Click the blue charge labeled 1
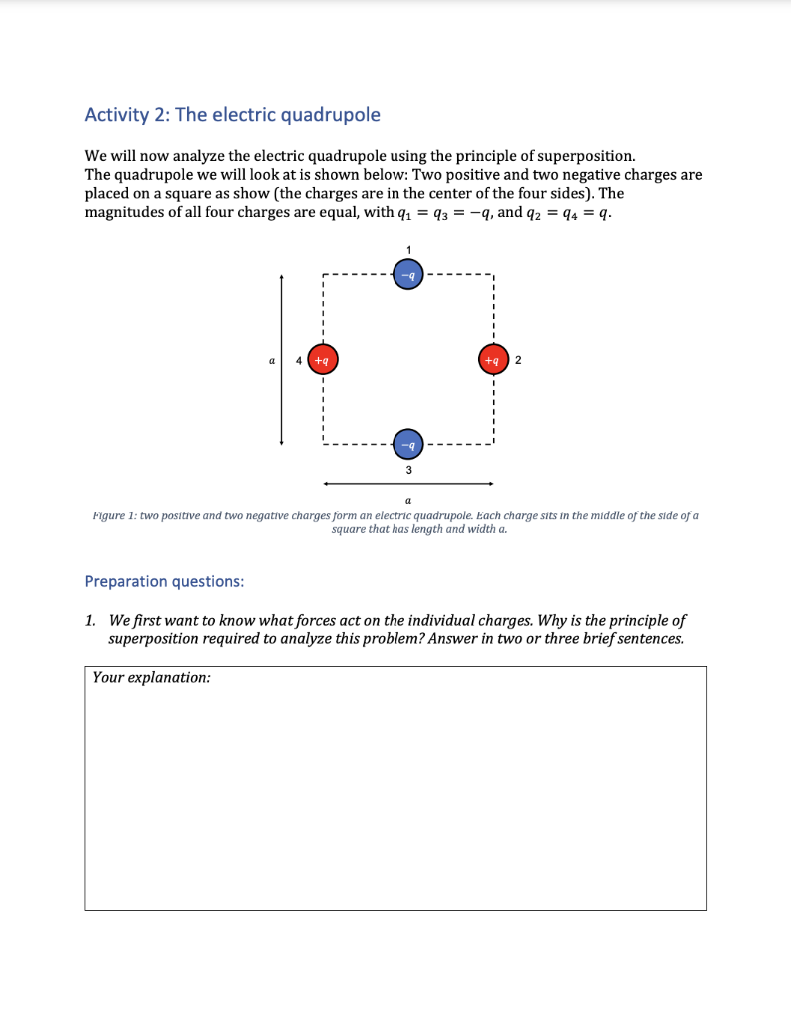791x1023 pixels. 407,273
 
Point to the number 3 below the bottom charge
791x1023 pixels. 407,469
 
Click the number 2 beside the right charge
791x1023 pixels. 519,358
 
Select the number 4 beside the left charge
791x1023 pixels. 297,358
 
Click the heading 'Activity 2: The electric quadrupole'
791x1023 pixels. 233,115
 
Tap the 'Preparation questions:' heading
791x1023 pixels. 164,580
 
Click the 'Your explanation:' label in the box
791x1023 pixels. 151,677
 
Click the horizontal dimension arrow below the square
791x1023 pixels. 407,484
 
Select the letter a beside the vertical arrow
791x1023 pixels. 270,358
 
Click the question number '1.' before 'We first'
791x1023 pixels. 91,620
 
